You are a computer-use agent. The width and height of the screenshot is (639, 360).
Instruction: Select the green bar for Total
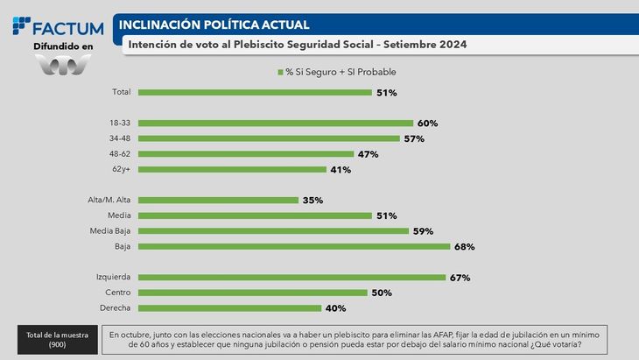254,92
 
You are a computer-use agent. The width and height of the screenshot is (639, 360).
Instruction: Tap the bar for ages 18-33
275,124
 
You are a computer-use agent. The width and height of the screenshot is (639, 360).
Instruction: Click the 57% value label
414,138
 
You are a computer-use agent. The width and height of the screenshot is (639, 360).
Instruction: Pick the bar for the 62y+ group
232,169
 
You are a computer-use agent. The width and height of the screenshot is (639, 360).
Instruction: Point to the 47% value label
366,154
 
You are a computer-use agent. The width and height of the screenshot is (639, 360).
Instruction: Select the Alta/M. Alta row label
109,200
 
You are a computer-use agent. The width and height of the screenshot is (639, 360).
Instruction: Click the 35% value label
312,201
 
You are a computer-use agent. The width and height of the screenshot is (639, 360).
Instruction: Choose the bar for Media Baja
273,231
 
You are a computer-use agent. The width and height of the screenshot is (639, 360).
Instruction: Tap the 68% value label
463,247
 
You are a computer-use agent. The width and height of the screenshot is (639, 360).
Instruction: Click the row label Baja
122,247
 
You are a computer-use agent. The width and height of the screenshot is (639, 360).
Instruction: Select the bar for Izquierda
291,278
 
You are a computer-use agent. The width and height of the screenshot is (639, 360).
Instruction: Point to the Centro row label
117,293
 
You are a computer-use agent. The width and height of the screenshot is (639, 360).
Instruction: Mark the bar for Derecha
229,308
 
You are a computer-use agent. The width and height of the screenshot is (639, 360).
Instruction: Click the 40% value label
335,308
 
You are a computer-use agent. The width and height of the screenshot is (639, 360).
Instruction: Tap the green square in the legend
280,72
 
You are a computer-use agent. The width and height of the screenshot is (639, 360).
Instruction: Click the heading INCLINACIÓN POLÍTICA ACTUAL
214,25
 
